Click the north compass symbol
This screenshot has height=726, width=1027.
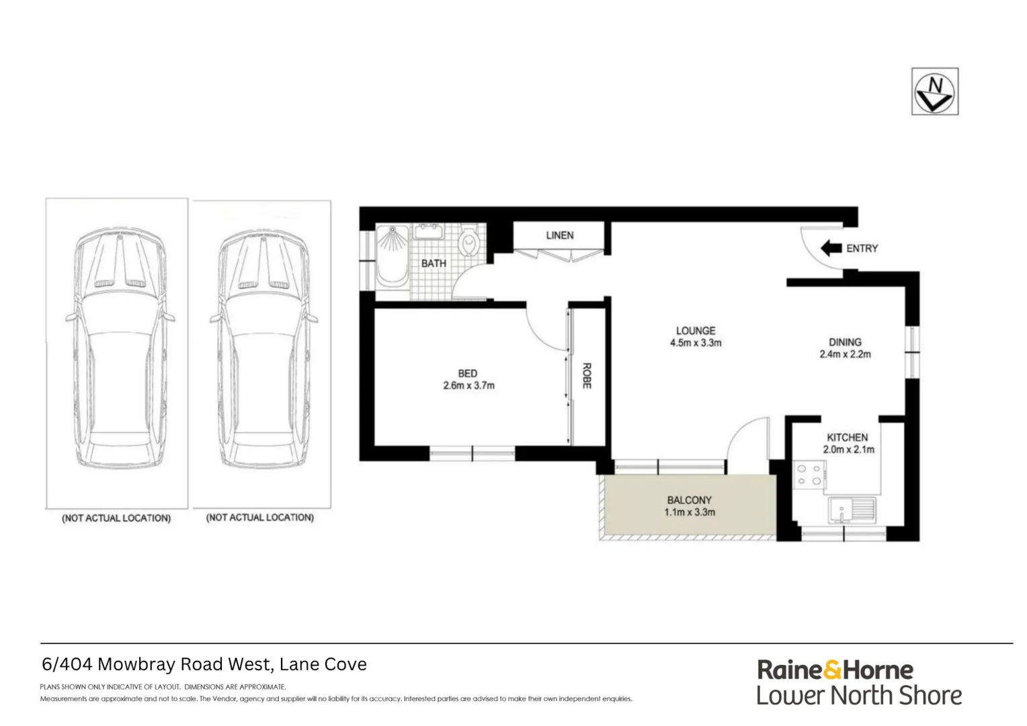pos(934,91)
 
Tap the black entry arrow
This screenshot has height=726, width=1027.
pos(831,248)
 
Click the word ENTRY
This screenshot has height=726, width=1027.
pos(862,248)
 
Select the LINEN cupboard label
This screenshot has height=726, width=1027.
pos(559,235)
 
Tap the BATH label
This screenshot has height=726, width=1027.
pos(434,264)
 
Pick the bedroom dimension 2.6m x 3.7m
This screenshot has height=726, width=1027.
pos(468,386)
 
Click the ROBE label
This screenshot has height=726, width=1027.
pos(586,376)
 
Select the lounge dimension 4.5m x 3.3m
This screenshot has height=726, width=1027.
pos(696,343)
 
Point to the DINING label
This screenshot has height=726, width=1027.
pos(845,342)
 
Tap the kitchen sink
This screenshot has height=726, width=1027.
pos(850,510)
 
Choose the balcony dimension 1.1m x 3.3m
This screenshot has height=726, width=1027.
pos(690,512)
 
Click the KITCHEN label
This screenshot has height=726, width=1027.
pos(847,437)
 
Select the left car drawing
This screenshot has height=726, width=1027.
pos(118,350)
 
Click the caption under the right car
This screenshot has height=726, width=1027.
pos(259,518)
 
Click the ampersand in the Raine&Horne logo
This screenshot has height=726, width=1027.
pos(832,670)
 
